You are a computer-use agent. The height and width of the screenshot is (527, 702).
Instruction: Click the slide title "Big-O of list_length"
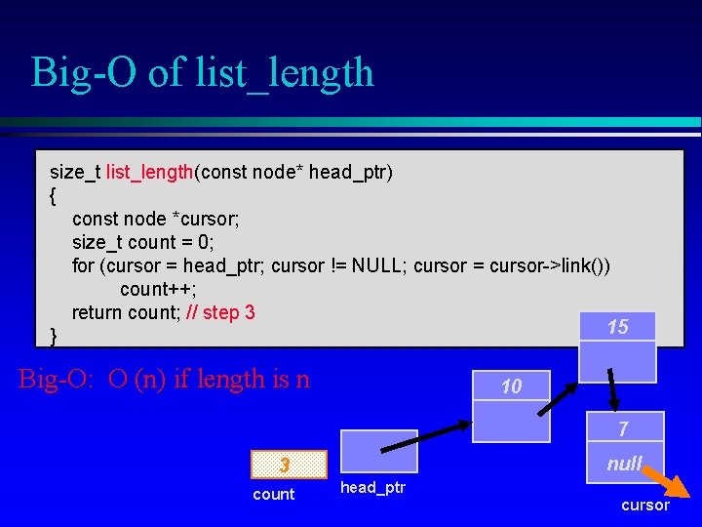(202, 72)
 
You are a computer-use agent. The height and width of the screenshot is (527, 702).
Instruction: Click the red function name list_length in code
(149, 173)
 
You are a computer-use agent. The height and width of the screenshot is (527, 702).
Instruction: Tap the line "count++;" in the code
(158, 289)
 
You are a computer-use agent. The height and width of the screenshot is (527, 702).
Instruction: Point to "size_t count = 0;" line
(143, 242)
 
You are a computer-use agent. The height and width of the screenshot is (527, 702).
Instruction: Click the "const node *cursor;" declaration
(156, 219)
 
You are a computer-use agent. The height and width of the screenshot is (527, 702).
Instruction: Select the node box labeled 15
(617, 328)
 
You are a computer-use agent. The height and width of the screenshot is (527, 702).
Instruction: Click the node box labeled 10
(511, 386)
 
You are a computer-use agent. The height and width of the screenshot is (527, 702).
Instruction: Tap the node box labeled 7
(623, 427)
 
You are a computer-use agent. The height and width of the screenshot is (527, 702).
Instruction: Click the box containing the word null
(623, 465)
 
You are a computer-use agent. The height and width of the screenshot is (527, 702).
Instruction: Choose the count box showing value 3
(285, 465)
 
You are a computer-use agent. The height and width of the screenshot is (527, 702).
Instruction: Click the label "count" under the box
(273, 495)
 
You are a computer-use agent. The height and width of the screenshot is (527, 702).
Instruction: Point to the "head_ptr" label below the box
(372, 487)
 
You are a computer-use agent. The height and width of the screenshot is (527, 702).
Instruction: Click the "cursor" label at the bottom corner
(645, 506)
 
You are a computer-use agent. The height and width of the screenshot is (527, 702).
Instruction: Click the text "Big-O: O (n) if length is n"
(164, 379)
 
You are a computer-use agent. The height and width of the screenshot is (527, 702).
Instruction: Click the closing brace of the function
(54, 336)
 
